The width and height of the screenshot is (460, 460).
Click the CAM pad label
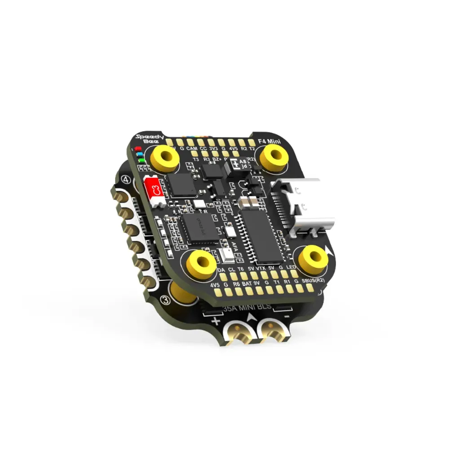click(192, 149)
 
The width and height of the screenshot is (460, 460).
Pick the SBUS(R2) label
click(313, 281)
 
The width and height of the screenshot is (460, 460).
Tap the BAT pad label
click(247, 284)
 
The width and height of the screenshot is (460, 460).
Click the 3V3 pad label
click(213, 149)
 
